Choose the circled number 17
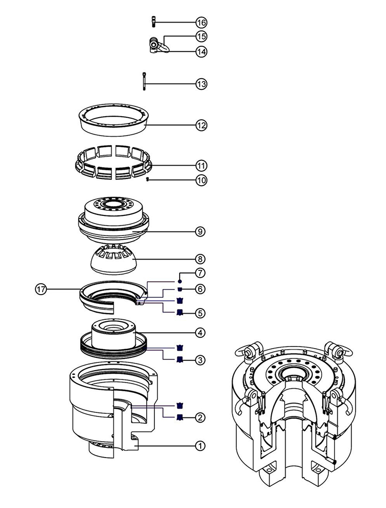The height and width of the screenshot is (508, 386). [41, 289]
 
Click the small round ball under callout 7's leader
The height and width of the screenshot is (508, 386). [180, 281]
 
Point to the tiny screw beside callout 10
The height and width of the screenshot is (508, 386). [148, 179]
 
